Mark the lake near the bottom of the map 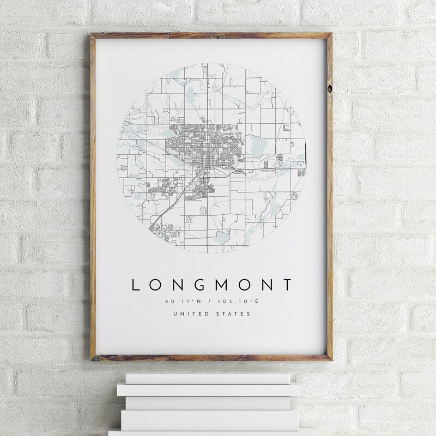(222, 237)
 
